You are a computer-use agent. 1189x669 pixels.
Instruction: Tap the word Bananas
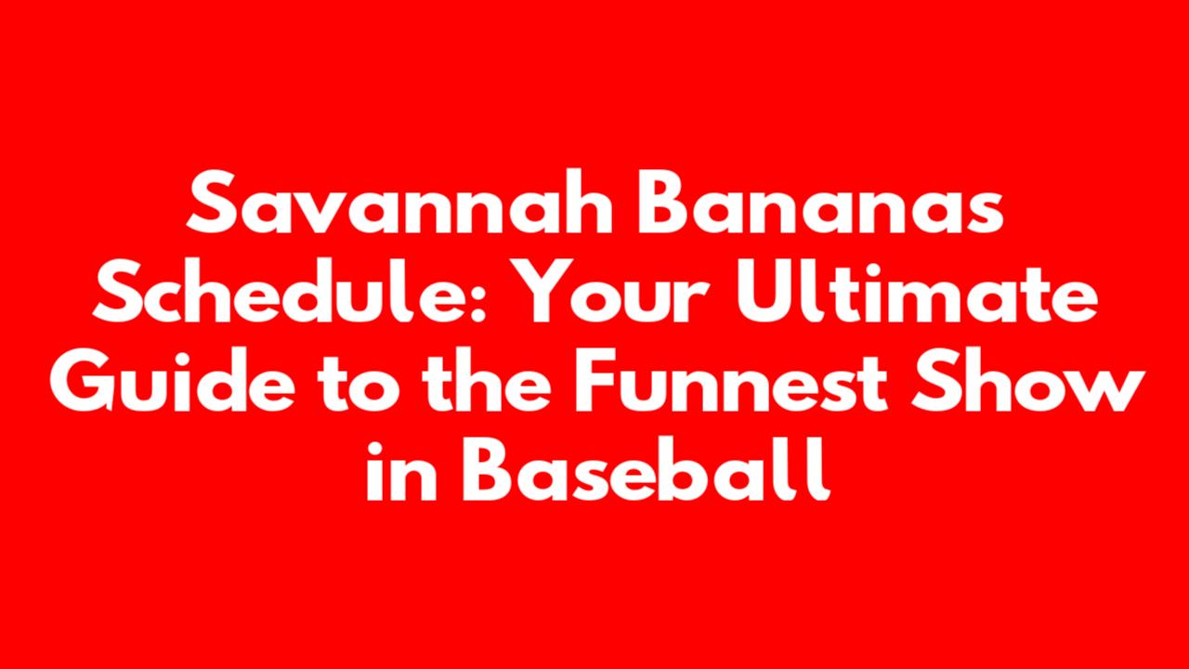[820, 203]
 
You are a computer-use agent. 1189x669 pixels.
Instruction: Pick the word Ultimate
[917, 291]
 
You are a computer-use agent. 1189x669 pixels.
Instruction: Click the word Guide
[173, 380]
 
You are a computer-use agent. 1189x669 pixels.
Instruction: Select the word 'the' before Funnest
[489, 380]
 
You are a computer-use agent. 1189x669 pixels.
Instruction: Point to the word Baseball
[646, 469]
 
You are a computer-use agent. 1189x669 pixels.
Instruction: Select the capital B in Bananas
[666, 203]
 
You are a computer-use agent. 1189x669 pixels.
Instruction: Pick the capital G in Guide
[83, 380]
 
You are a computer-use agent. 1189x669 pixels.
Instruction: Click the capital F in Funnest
[596, 380]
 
